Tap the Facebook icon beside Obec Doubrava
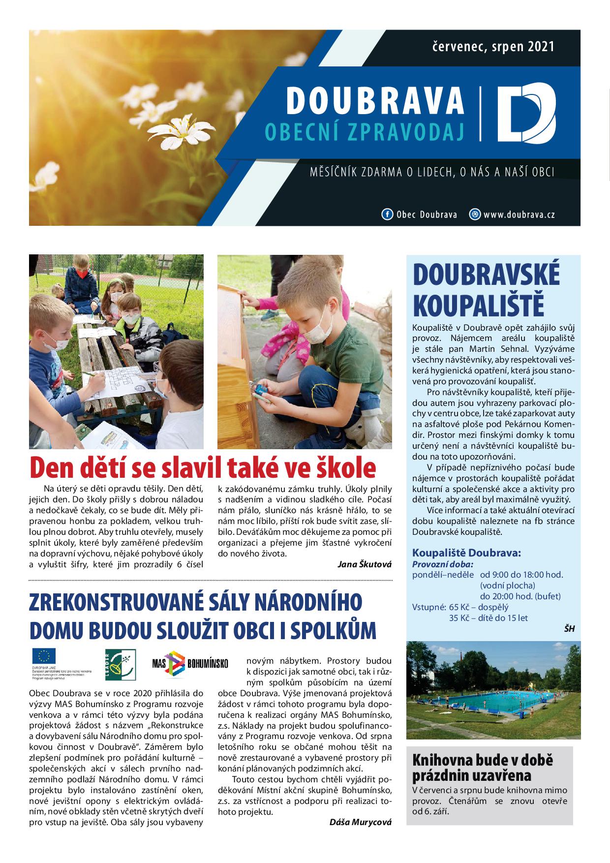(387, 215)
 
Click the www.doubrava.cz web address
(518, 215)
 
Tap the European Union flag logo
(44, 655)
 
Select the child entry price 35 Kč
(457, 617)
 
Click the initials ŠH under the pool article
(569, 628)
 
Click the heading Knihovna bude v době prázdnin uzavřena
(482, 767)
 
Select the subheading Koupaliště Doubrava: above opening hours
(466, 553)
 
